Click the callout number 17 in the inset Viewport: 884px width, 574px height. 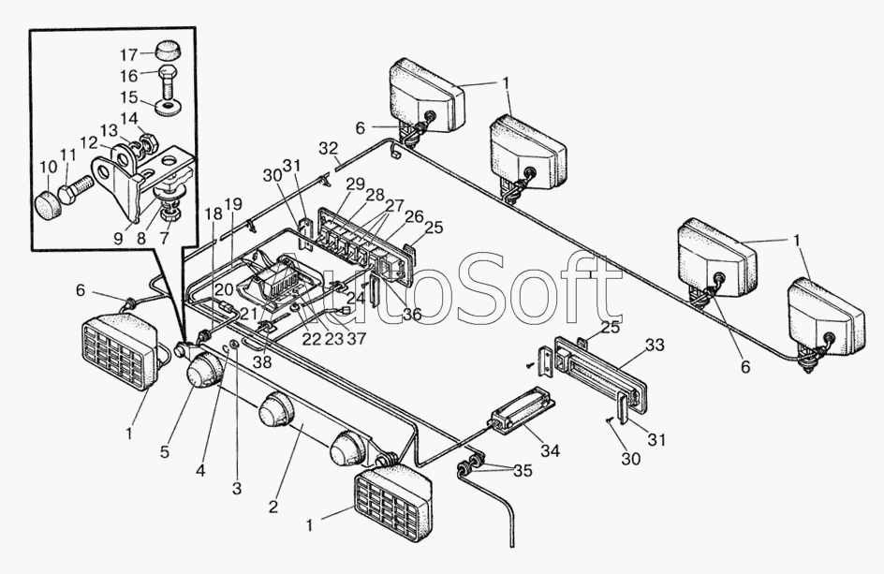[x=129, y=54]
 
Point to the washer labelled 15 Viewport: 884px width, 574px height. [x=167, y=107]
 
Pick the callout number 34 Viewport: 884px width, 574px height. [x=551, y=450]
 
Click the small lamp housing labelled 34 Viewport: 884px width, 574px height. [x=521, y=407]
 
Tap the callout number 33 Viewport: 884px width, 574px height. [x=656, y=345]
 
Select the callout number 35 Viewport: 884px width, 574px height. [x=523, y=470]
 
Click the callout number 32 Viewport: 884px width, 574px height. [x=328, y=149]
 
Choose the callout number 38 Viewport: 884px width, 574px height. [x=262, y=362]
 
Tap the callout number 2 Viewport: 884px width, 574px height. [x=273, y=507]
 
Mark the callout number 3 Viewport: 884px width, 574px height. [x=237, y=488]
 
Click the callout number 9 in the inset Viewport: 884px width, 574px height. [x=118, y=239]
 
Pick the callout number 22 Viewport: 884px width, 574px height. [x=311, y=340]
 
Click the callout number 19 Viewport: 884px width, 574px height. [x=233, y=204]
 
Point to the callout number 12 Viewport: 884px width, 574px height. [x=89, y=142]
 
